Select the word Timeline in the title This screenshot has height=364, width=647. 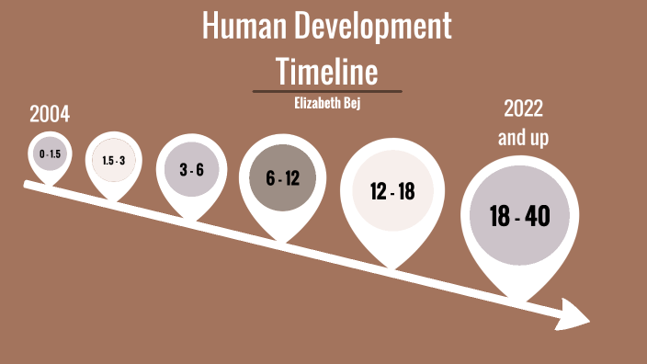[x=326, y=70]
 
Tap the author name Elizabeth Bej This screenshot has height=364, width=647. [x=326, y=103]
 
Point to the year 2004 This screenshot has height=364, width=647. [x=50, y=115]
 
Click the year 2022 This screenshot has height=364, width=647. [x=523, y=108]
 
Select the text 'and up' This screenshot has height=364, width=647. [x=523, y=137]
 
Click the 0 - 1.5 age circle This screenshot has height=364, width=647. [x=50, y=154]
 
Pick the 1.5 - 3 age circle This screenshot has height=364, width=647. [x=113, y=160]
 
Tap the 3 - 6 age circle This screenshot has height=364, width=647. [x=191, y=169]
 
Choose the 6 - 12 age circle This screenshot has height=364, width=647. [x=283, y=178]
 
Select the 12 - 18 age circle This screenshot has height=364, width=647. [x=392, y=191]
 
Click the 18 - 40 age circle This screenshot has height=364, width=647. [x=519, y=217]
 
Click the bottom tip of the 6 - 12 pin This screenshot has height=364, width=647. [x=283, y=242]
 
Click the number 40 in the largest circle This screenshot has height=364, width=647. [x=539, y=217]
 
